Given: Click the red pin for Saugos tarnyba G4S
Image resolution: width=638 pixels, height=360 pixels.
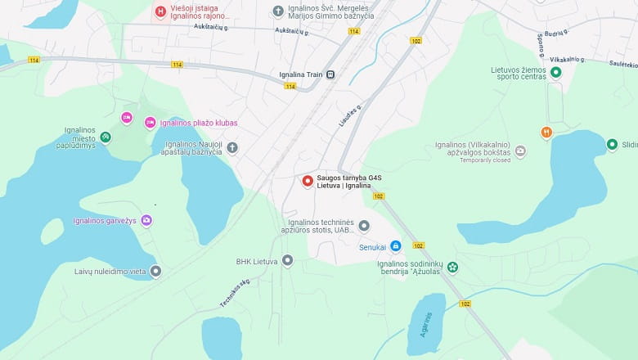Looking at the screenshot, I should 308,181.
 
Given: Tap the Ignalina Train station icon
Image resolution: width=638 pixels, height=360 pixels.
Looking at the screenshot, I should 330,74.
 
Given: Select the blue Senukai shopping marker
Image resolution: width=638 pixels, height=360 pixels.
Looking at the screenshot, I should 395,245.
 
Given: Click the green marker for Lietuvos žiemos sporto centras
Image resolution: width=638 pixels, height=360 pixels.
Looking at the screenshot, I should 555,72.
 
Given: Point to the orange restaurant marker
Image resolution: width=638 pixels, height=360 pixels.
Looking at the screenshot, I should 546,132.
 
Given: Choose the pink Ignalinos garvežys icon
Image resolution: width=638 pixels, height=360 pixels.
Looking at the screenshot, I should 146,220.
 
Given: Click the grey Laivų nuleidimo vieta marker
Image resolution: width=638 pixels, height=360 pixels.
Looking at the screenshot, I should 155,271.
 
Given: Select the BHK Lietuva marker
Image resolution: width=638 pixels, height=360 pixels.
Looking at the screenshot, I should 287,260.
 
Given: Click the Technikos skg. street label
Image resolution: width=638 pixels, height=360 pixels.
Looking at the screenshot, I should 234,293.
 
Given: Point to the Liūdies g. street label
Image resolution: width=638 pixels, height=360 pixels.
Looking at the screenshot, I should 350,115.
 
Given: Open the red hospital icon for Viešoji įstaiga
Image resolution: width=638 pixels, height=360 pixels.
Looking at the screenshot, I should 161,11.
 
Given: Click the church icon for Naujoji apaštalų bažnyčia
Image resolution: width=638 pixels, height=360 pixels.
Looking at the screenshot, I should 232,147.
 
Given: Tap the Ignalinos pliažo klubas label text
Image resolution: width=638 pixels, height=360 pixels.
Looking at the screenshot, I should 199,123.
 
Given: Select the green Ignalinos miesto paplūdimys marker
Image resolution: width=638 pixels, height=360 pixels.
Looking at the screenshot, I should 106,137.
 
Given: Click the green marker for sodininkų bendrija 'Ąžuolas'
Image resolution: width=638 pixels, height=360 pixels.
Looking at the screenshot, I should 452,268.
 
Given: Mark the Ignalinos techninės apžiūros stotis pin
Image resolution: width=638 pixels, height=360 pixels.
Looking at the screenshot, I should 364,226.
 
